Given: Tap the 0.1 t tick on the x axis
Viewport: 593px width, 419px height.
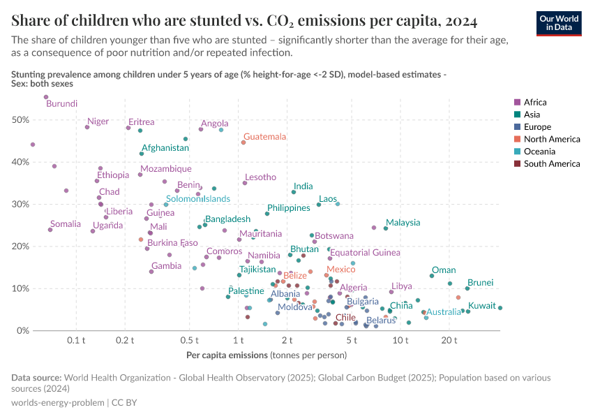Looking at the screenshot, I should [76, 340].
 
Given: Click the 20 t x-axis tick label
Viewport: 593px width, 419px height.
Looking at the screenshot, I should [449, 340].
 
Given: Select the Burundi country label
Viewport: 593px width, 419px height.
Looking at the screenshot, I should [61, 104].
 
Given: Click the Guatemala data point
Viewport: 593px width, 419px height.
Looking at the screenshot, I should [243, 142].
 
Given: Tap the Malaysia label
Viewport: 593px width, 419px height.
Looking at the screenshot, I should [403, 223].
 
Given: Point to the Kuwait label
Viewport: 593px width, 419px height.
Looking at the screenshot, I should [482, 306].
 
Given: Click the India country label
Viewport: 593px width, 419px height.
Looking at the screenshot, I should [303, 186].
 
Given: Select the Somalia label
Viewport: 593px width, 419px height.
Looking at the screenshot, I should [66, 224].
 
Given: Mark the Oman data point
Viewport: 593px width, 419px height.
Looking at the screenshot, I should [432, 276].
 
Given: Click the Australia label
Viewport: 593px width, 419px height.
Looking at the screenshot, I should [443, 312].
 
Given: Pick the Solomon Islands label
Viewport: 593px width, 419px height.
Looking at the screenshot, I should [198, 199].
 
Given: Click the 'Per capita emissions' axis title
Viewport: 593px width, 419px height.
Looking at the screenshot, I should [227, 355].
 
